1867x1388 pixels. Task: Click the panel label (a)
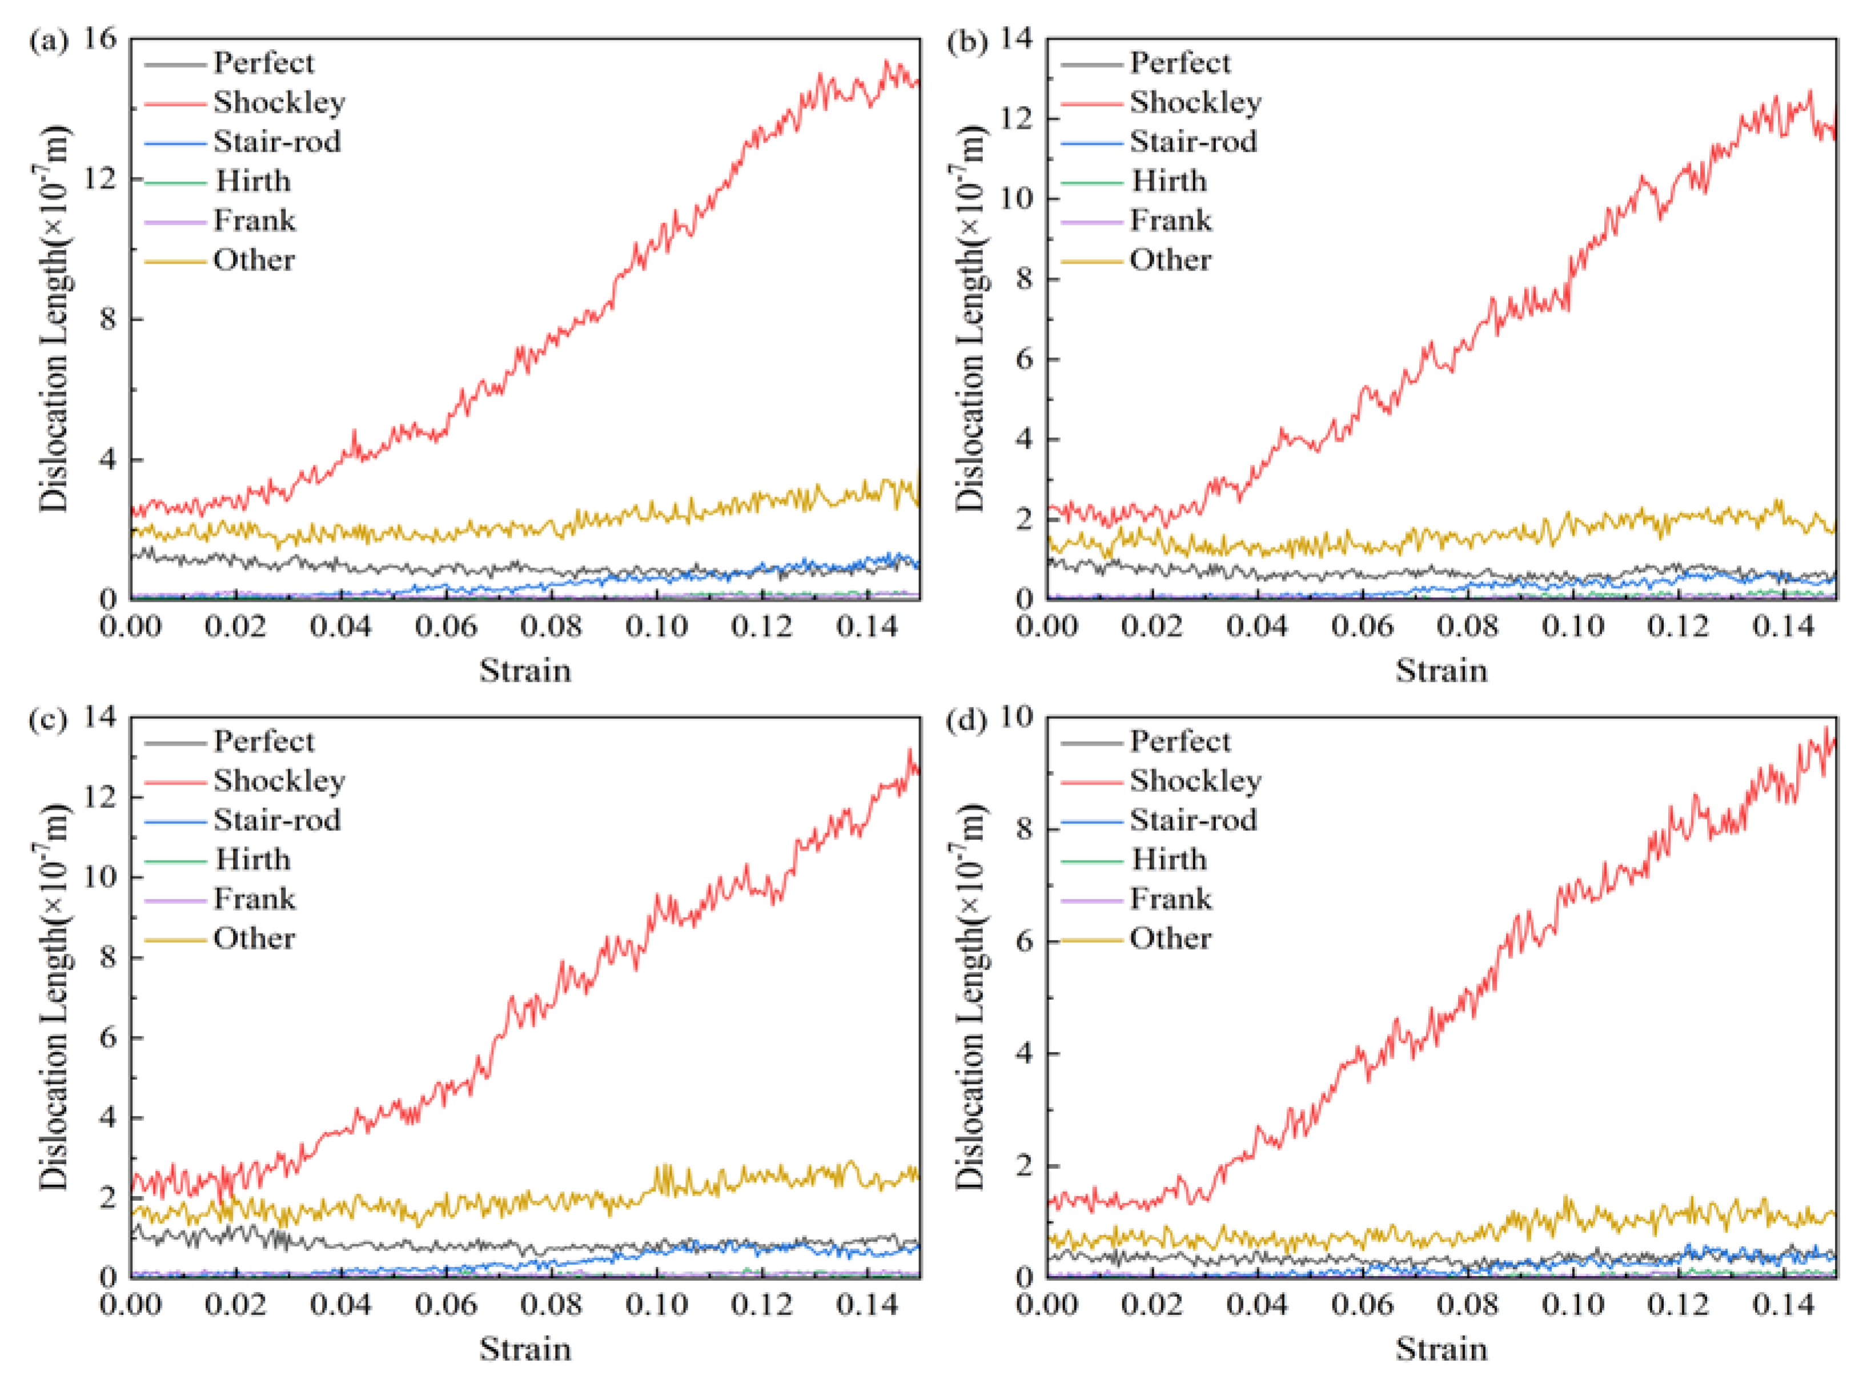coord(48,41)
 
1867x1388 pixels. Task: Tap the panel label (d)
coord(965,720)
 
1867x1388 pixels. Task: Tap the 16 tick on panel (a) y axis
coord(99,39)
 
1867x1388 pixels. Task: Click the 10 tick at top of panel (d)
coord(1015,717)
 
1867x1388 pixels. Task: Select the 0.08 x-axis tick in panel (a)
coord(551,627)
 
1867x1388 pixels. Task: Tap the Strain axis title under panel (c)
coord(525,1349)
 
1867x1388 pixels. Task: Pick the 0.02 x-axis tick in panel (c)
coord(235,1305)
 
